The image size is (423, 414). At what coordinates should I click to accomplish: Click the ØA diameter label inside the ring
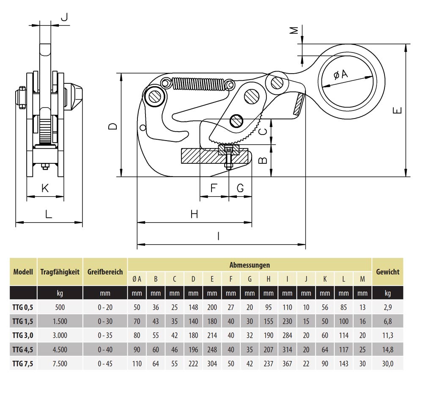pos(341,75)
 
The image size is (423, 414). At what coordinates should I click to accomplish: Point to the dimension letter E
pos(397,111)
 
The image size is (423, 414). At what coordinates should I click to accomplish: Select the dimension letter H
pos(194,214)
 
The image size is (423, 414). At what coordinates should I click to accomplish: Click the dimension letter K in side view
pos(45,188)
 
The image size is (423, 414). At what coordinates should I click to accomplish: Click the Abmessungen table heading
pos(250,265)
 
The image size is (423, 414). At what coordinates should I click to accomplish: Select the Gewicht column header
pos(387,272)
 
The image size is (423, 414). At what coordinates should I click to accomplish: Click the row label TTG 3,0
pos(23,335)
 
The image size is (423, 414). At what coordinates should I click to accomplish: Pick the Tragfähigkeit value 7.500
pos(60,364)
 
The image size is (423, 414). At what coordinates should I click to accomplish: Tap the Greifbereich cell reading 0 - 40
pos(105,350)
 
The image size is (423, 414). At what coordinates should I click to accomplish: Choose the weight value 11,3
pos(387,335)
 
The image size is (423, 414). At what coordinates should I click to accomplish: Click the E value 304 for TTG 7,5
pos(212,364)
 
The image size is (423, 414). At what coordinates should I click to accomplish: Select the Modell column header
pos(23,272)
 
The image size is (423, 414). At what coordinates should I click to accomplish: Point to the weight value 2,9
pos(387,307)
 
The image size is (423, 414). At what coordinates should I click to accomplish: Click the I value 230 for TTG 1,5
pos(287,321)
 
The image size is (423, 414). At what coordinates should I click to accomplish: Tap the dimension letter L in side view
pos(49,214)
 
